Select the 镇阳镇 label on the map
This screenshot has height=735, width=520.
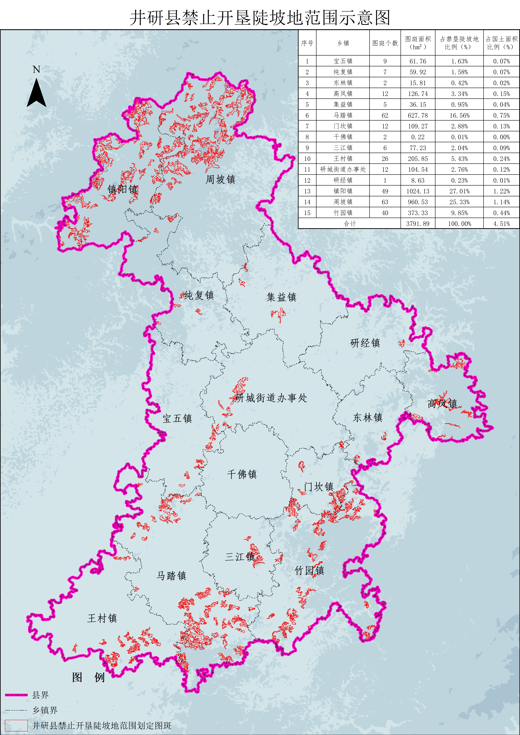[123, 189]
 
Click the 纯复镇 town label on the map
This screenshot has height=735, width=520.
[199, 295]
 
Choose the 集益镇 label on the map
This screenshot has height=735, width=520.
[281, 297]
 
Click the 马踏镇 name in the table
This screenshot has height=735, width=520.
[343, 115]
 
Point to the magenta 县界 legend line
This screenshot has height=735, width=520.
[16, 695]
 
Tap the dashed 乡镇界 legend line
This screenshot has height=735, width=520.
[16, 710]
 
